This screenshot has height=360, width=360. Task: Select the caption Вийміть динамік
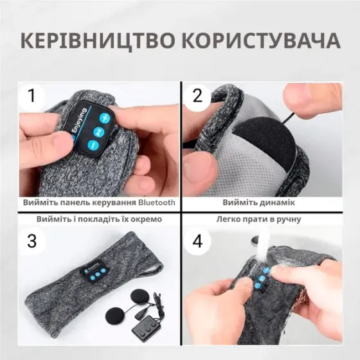[x=259, y=203]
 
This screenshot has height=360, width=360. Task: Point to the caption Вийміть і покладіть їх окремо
[x=97, y=219]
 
